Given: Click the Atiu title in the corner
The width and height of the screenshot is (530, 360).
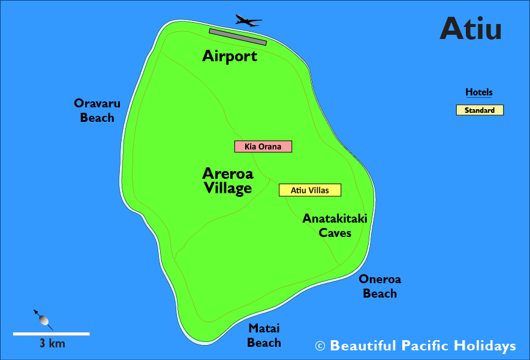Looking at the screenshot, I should point(470,28).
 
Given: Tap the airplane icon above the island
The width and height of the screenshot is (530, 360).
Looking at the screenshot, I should point(247,21).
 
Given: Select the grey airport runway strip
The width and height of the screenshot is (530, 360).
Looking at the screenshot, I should point(237,37).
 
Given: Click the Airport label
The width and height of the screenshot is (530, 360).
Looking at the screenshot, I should point(230,56).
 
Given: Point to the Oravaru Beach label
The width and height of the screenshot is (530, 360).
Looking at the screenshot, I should point(97,110).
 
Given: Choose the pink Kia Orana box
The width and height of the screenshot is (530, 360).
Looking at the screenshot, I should point(263,146).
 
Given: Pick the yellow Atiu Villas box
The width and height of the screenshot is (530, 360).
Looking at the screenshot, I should point(310,190).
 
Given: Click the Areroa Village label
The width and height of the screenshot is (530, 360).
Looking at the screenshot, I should point(228,181).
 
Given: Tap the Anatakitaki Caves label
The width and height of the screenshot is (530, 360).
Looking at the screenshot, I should point(335,225).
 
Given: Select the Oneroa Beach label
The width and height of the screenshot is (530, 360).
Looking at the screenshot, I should point(380,286).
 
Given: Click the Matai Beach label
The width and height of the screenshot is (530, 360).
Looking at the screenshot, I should point(264,335).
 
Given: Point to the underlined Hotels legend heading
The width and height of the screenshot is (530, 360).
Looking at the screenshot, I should point(479,92).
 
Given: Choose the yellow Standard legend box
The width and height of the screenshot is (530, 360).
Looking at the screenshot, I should point(480,110).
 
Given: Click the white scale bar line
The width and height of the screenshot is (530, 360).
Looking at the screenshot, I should point(52,334).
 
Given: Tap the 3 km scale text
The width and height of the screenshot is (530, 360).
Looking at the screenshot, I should point(52,344).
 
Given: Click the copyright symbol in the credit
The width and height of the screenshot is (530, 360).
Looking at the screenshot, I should point(320,346).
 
